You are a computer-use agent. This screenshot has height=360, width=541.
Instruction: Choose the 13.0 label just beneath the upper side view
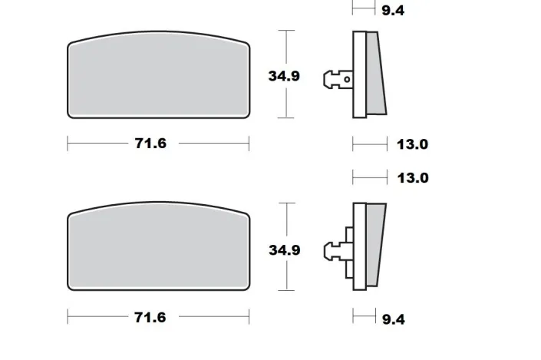[x=413, y=144]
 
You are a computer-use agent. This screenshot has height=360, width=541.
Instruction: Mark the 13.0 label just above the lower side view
[x=413, y=178]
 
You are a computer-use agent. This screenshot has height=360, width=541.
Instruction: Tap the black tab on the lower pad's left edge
[x=64, y=249]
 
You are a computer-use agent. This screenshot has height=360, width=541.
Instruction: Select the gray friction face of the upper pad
[x=158, y=77]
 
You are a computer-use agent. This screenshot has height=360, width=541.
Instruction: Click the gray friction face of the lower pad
[x=158, y=249]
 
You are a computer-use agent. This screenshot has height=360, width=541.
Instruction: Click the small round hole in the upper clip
[x=348, y=78]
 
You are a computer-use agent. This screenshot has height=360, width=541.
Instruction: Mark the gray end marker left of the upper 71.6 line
[x=64, y=144]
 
